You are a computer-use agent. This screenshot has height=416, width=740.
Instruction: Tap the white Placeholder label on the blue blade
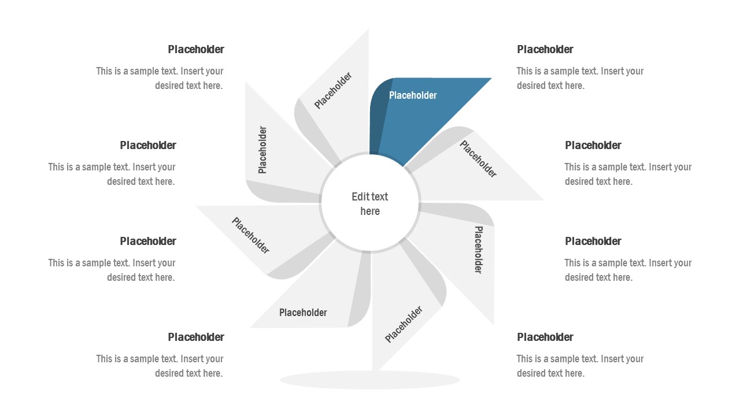pos(413,95)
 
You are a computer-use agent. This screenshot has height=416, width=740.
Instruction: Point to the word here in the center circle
pos(370,211)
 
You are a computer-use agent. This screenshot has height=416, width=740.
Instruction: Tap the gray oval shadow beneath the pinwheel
pos(370,380)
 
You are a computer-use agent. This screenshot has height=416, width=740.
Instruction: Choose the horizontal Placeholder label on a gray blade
pos(303,313)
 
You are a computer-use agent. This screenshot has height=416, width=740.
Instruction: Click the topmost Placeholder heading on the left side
pos(196,50)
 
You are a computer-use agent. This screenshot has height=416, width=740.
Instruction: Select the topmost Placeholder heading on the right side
pos(545,50)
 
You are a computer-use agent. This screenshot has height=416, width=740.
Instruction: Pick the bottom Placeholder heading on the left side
pos(196,337)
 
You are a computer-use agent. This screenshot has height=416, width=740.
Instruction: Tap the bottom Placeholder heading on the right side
pos(545,337)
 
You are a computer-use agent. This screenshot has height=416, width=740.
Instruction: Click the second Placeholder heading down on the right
pos(593,146)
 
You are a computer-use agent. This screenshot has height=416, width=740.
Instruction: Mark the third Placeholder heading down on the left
pos(148,242)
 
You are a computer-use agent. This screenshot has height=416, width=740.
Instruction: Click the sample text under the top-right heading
pos(580,79)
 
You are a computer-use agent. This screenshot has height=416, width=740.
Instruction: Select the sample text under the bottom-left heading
pos(160,366)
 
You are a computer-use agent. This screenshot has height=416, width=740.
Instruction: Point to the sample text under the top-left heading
pos(160,79)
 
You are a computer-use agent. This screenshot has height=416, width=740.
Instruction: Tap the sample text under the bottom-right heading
pos(580,366)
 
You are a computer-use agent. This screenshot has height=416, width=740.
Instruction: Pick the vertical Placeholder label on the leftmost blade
pos(263,150)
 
